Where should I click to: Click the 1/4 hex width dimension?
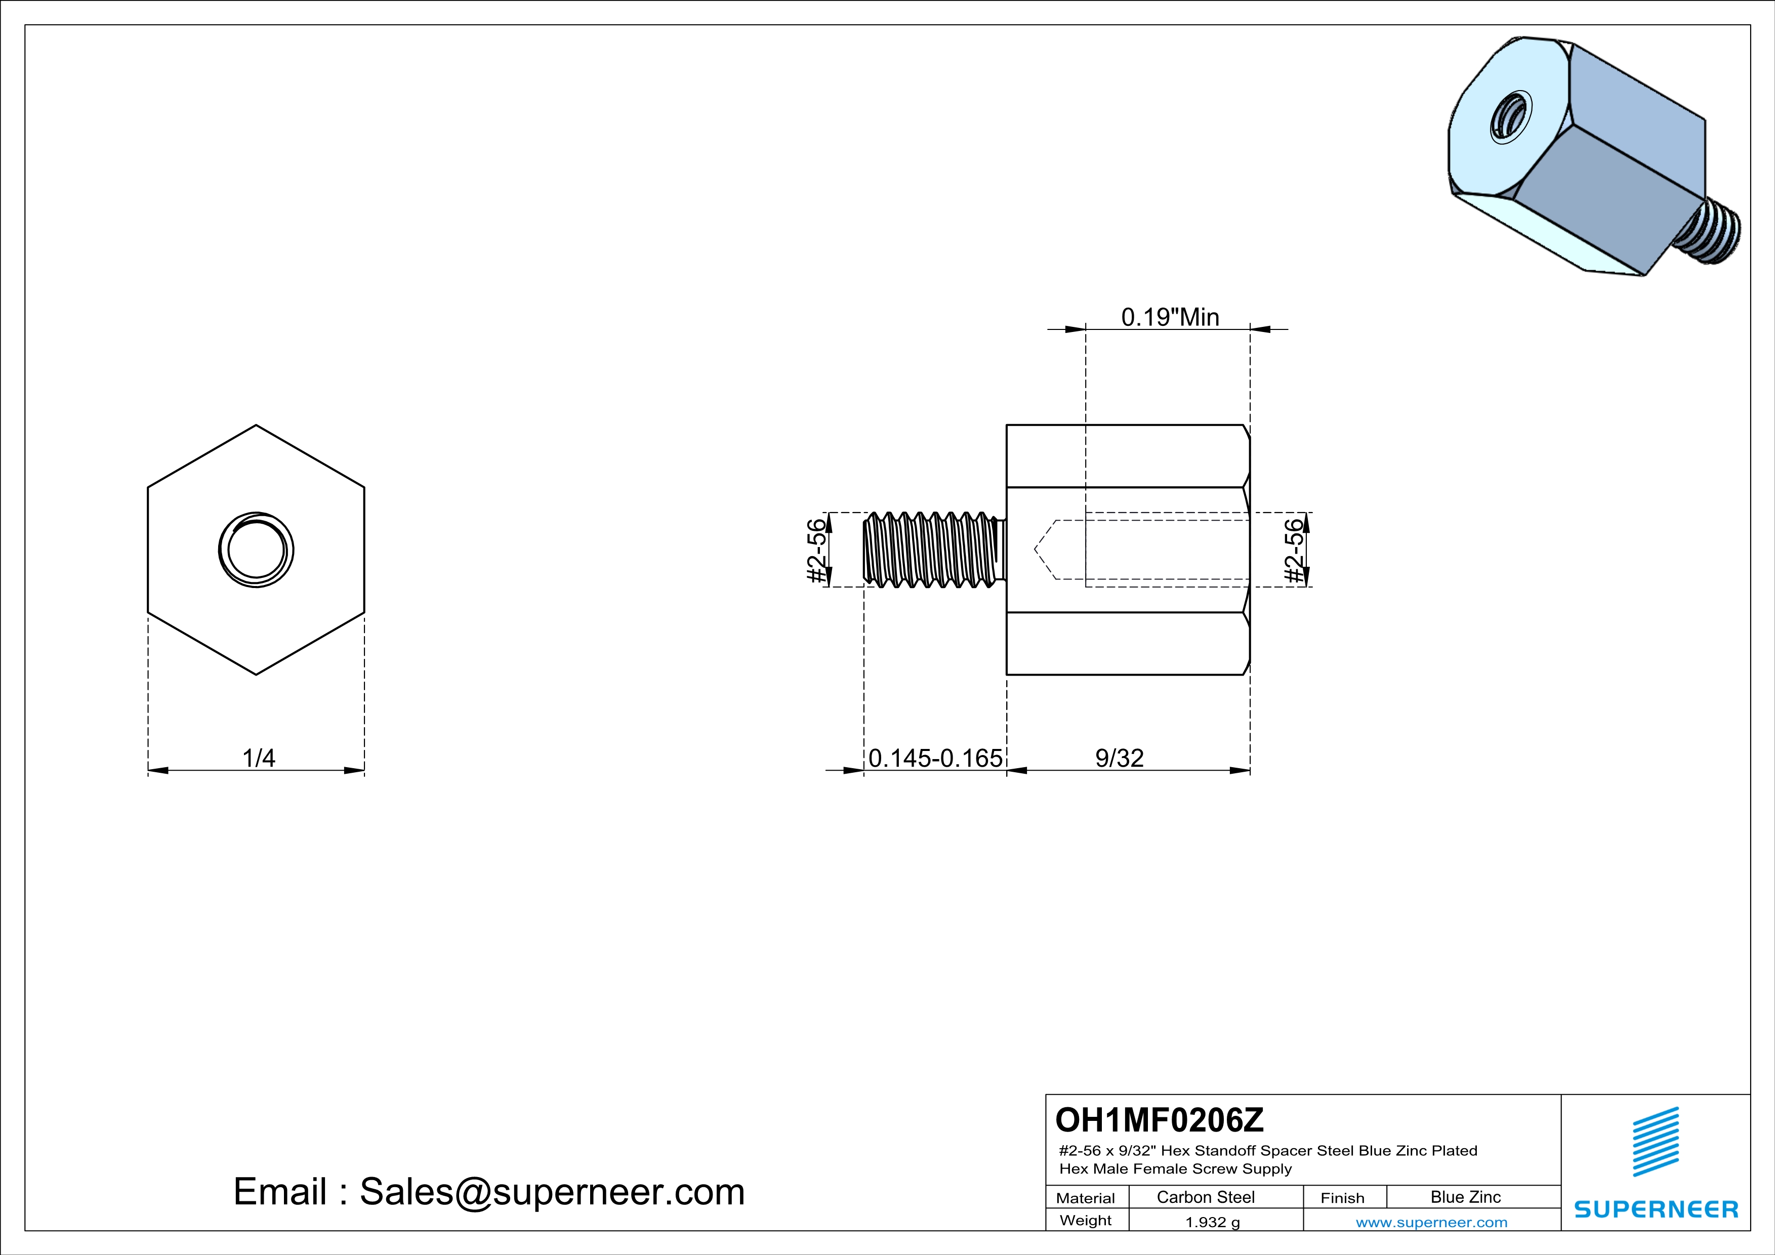[259, 758]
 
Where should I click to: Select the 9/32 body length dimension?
[1120, 758]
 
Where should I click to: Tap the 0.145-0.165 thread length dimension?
[935, 758]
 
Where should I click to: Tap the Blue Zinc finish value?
[1466, 1197]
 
